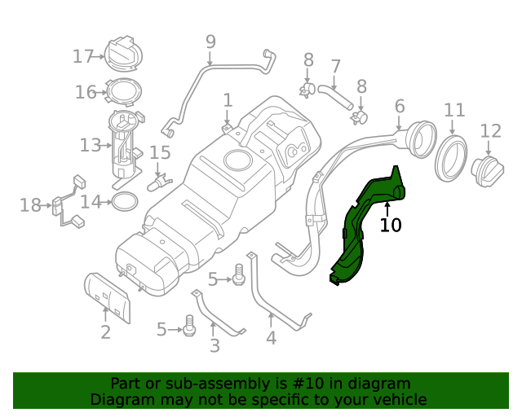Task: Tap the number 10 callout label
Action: [x=391, y=225]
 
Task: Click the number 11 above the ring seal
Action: [x=454, y=110]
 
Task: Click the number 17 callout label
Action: [x=83, y=56]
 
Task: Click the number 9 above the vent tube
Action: [x=210, y=41]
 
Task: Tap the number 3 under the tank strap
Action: [x=215, y=346]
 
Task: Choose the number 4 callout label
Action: [x=271, y=337]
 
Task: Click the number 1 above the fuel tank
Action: [x=228, y=99]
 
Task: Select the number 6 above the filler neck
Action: [x=400, y=106]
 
